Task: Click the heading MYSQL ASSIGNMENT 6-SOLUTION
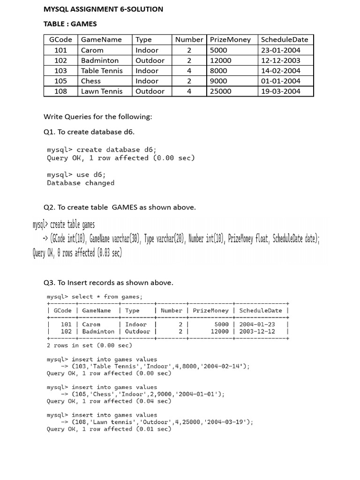(x=103, y=9)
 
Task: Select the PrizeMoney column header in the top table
(x=230, y=40)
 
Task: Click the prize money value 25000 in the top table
(x=220, y=91)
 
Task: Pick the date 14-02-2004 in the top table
(x=281, y=71)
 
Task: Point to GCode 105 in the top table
(x=61, y=81)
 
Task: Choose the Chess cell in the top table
(x=91, y=81)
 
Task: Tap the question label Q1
(x=49, y=132)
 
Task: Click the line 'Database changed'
(x=81, y=183)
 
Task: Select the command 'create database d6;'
(x=117, y=150)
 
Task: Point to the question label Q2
(x=49, y=207)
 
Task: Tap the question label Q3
(x=49, y=283)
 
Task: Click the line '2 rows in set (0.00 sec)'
(x=90, y=345)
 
